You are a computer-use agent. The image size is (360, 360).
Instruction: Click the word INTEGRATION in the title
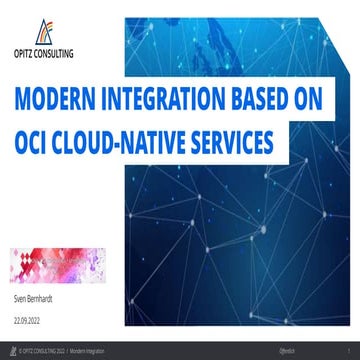point(159,102)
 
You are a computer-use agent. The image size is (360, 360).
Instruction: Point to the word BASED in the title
point(261,102)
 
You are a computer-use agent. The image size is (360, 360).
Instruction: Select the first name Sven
point(21,298)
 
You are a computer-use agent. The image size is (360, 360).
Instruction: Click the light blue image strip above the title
point(240,40)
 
